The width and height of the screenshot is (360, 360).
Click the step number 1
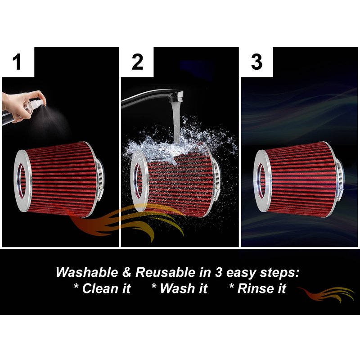[17, 62]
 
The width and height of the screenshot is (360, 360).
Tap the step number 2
[137, 62]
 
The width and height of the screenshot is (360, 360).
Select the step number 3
[256, 62]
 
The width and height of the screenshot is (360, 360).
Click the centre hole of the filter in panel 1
[22, 180]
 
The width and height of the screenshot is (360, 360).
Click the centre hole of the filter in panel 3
[261, 180]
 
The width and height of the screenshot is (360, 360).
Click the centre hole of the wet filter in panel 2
[138, 180]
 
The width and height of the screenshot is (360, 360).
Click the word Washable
[87, 272]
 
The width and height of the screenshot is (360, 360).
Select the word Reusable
[165, 272]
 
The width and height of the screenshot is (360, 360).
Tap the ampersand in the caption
[127, 272]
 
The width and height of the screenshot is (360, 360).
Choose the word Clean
[99, 288]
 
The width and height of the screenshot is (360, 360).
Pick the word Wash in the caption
[176, 288]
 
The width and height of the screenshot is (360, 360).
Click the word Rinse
[256, 288]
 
